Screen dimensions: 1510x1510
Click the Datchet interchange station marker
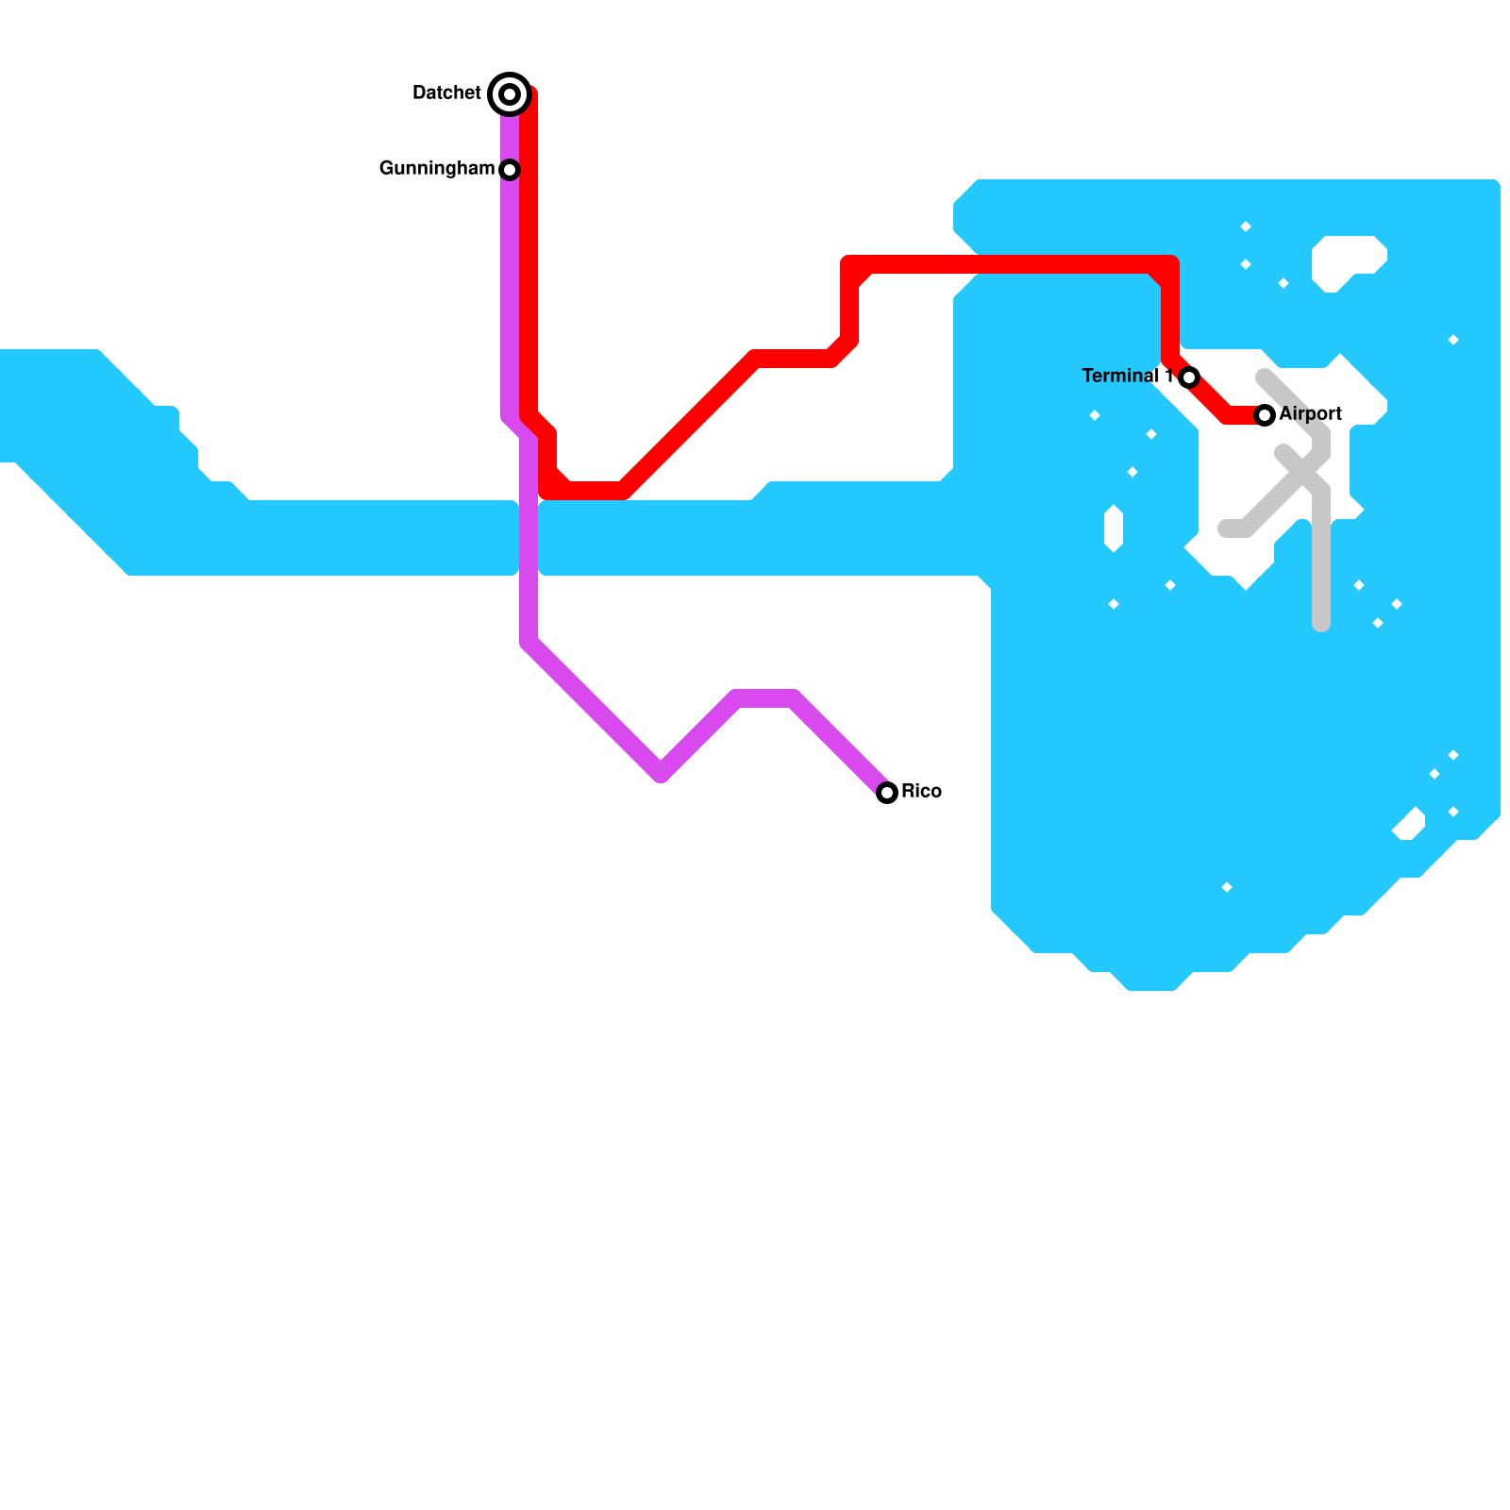pos(510,93)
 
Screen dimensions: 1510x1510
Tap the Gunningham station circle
pos(510,170)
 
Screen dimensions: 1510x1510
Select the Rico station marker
pos(886,793)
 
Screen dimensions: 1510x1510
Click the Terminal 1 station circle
pos(1189,377)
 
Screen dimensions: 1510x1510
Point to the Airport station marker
pos(1265,415)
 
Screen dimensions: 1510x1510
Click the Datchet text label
pos(446,92)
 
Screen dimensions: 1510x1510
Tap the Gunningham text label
pos(436,168)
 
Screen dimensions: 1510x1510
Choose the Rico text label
pos(921,791)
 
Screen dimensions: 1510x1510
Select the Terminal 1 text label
pos(1127,376)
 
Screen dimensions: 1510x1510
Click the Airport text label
pos(1310,413)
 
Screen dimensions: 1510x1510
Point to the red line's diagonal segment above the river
pos(689,425)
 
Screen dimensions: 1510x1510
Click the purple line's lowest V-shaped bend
pos(661,772)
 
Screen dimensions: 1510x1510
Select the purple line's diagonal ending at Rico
pos(840,745)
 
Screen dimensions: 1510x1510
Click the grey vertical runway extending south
pos(1321,566)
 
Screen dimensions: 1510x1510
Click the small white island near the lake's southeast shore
pos(1409,825)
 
